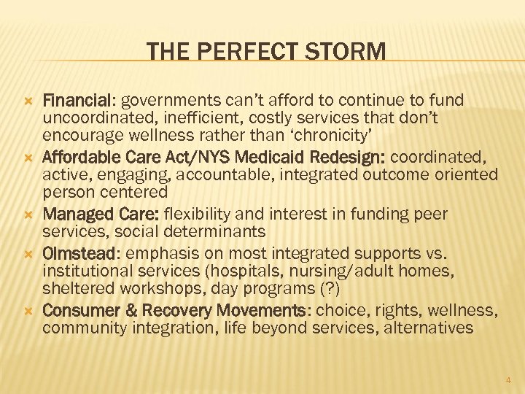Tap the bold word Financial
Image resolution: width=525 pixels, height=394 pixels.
[78, 99]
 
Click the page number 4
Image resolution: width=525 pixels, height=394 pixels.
[508, 379]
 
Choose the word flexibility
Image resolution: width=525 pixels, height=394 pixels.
[202, 215]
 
